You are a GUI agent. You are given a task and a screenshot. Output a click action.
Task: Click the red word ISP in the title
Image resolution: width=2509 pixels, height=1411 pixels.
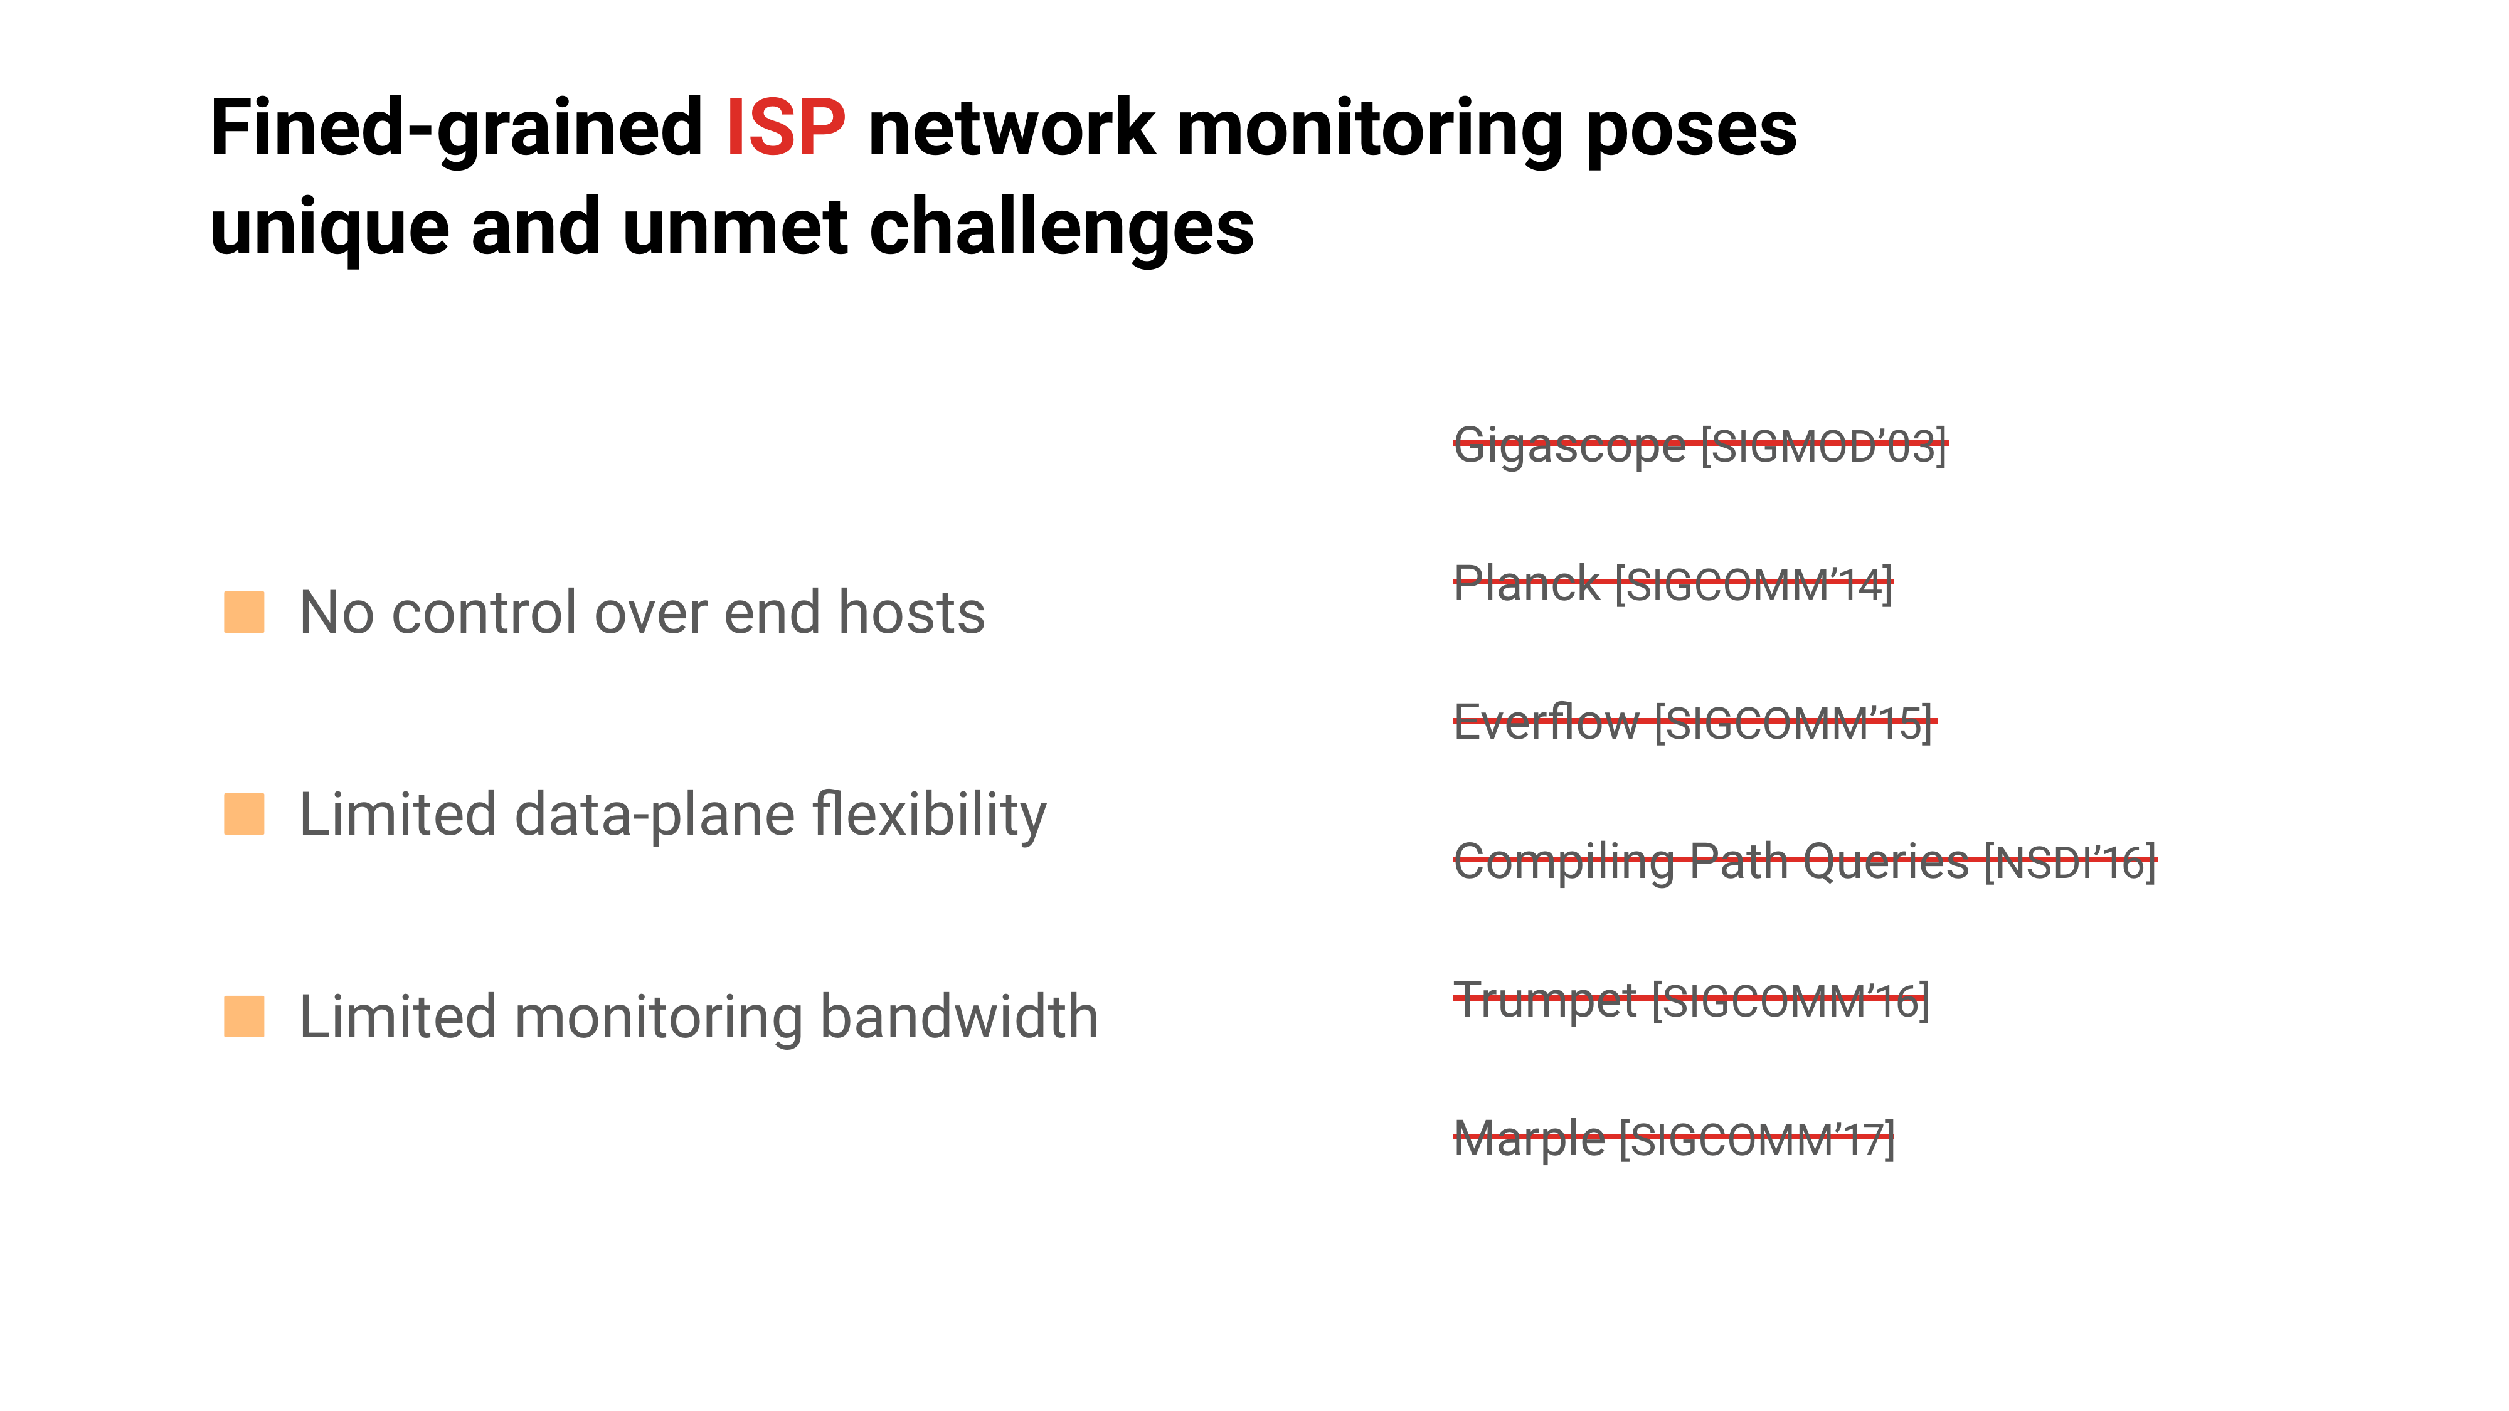tap(786, 127)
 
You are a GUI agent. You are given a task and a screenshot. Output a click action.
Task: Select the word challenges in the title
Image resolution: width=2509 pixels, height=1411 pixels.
tap(1061, 230)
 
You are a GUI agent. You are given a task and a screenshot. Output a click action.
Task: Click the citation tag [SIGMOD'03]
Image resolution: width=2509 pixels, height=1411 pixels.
tap(1823, 446)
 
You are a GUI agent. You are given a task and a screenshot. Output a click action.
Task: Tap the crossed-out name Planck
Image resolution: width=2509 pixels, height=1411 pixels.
tap(1526, 584)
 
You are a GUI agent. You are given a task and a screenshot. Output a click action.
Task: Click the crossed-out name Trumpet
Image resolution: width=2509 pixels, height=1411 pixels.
tap(1545, 1001)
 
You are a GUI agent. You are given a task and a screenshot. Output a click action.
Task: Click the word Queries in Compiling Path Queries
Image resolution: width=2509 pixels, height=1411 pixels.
tap(1886, 862)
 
